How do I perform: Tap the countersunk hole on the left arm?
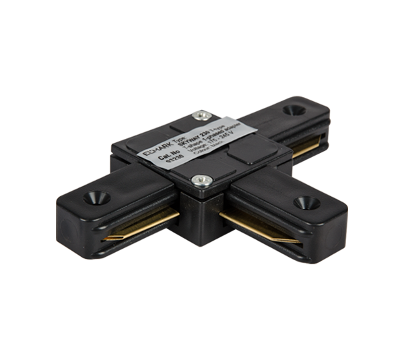[93, 198]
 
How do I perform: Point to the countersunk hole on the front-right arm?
[306, 202]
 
